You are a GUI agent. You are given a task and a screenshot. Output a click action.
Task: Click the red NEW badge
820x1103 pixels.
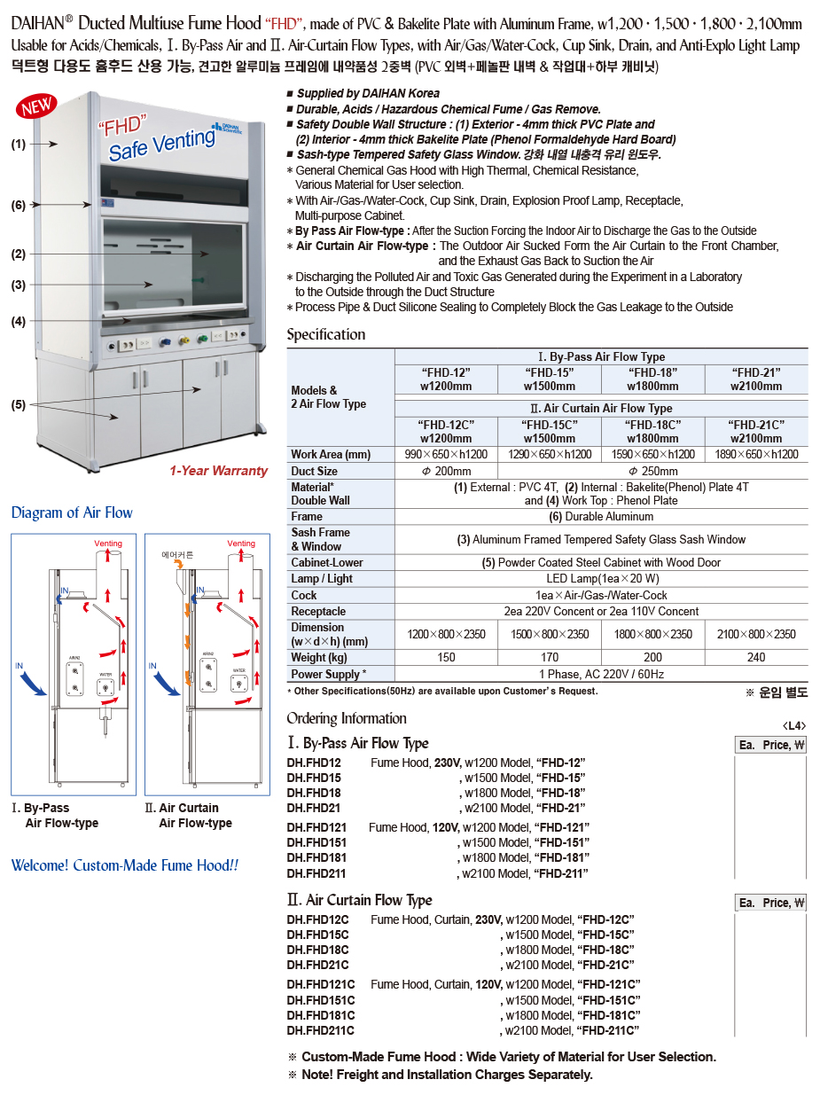[38, 106]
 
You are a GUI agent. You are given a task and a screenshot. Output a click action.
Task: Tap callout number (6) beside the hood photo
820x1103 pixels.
[19, 206]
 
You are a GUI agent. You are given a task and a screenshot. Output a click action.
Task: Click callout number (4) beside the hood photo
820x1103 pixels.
[19, 322]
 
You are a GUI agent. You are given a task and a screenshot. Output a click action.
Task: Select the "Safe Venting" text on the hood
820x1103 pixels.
[161, 145]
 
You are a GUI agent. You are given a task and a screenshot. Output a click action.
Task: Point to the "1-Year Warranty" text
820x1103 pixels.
[218, 471]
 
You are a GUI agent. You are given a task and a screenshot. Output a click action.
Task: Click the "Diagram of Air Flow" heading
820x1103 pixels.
[72, 512]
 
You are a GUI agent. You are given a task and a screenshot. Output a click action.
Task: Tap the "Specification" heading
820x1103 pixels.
[325, 334]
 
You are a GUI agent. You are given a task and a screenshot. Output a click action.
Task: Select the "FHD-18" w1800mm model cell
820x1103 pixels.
[653, 379]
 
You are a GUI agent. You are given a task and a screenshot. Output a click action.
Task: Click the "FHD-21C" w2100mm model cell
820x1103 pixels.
[756, 431]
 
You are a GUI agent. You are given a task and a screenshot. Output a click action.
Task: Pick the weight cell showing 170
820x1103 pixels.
[550, 658]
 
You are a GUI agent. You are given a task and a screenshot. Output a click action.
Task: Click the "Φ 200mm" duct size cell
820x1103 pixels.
[446, 472]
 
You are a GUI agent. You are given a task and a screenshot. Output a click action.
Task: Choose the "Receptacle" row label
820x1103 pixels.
[318, 612]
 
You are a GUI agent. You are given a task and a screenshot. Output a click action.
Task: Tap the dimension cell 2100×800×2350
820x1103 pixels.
[756, 634]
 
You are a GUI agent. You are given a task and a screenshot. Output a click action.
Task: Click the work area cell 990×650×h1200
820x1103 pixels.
[446, 455]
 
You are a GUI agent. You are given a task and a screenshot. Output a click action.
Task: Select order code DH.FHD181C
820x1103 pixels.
[320, 1015]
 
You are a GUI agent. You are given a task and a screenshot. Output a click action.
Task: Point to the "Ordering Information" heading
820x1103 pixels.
[347, 718]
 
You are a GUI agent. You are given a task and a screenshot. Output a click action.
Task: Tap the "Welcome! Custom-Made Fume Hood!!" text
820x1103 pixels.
[125, 865]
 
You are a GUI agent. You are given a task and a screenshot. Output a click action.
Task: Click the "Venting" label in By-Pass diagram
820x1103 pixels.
[108, 544]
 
